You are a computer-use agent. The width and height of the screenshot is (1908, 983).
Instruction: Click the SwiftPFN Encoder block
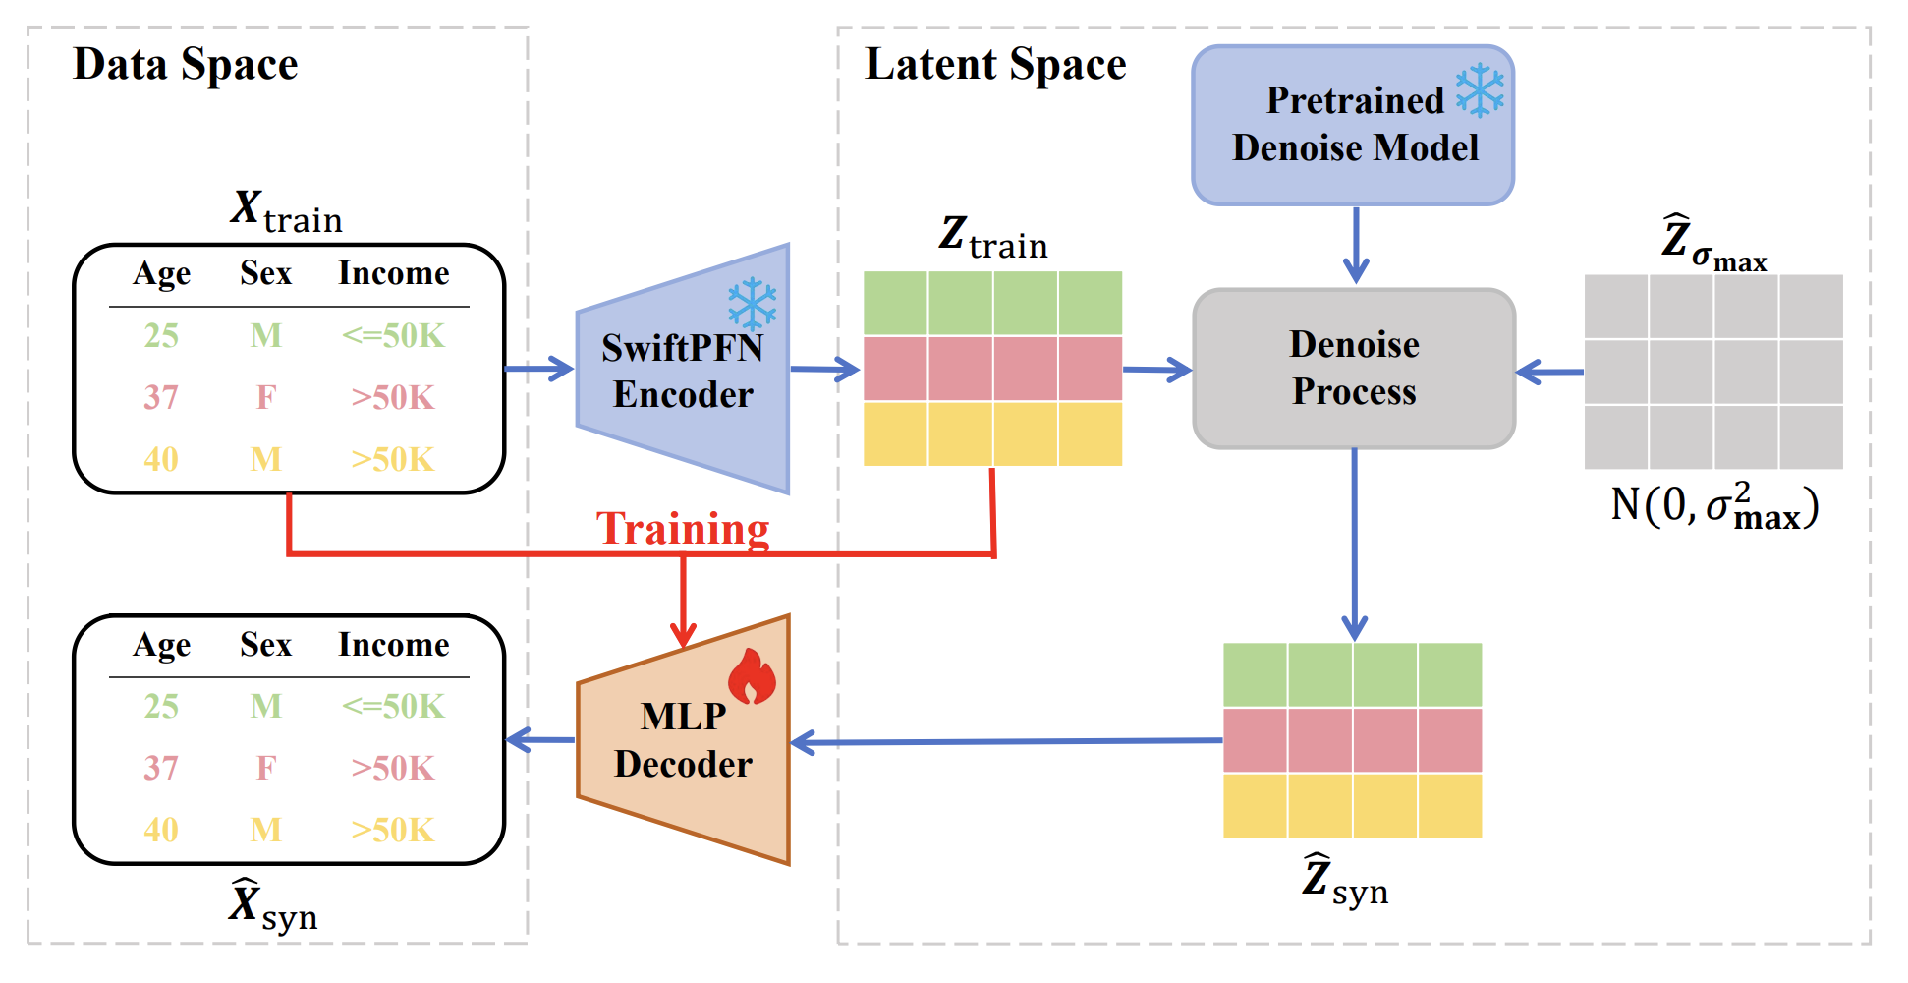tap(683, 370)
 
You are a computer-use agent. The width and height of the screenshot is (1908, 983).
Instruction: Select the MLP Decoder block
tap(683, 740)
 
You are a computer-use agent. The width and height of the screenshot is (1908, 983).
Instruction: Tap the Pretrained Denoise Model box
tap(1353, 125)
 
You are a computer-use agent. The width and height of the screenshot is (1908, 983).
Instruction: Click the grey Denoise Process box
tap(1354, 369)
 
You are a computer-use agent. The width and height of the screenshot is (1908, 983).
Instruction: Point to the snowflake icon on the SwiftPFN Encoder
tap(753, 304)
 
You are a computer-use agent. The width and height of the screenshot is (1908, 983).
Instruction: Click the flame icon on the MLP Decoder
tap(752, 676)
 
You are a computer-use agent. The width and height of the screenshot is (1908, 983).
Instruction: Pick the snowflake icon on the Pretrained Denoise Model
tap(1480, 90)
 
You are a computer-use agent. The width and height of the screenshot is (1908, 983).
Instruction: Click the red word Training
tap(683, 528)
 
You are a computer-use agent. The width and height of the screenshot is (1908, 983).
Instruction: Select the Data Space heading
tap(186, 65)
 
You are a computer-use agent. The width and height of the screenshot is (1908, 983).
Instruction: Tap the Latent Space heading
tap(995, 65)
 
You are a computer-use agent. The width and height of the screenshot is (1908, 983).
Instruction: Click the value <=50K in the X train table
tap(393, 336)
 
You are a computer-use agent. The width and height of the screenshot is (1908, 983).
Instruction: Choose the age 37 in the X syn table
tap(161, 768)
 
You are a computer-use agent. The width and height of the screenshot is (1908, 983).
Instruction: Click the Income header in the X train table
tap(394, 272)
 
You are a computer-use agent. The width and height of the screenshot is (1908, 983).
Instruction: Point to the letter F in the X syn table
tap(265, 768)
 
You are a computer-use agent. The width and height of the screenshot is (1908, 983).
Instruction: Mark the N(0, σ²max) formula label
tap(1715, 505)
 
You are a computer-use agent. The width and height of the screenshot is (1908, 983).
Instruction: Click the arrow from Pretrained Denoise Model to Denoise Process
tap(1356, 246)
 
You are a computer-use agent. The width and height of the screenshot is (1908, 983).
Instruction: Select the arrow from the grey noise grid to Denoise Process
tap(1549, 372)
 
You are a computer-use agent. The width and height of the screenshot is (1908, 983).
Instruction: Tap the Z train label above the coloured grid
tap(993, 238)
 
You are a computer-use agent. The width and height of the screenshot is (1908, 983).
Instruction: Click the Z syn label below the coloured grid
tap(1345, 880)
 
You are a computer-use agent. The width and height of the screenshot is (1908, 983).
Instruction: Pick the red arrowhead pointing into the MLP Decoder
tap(683, 633)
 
